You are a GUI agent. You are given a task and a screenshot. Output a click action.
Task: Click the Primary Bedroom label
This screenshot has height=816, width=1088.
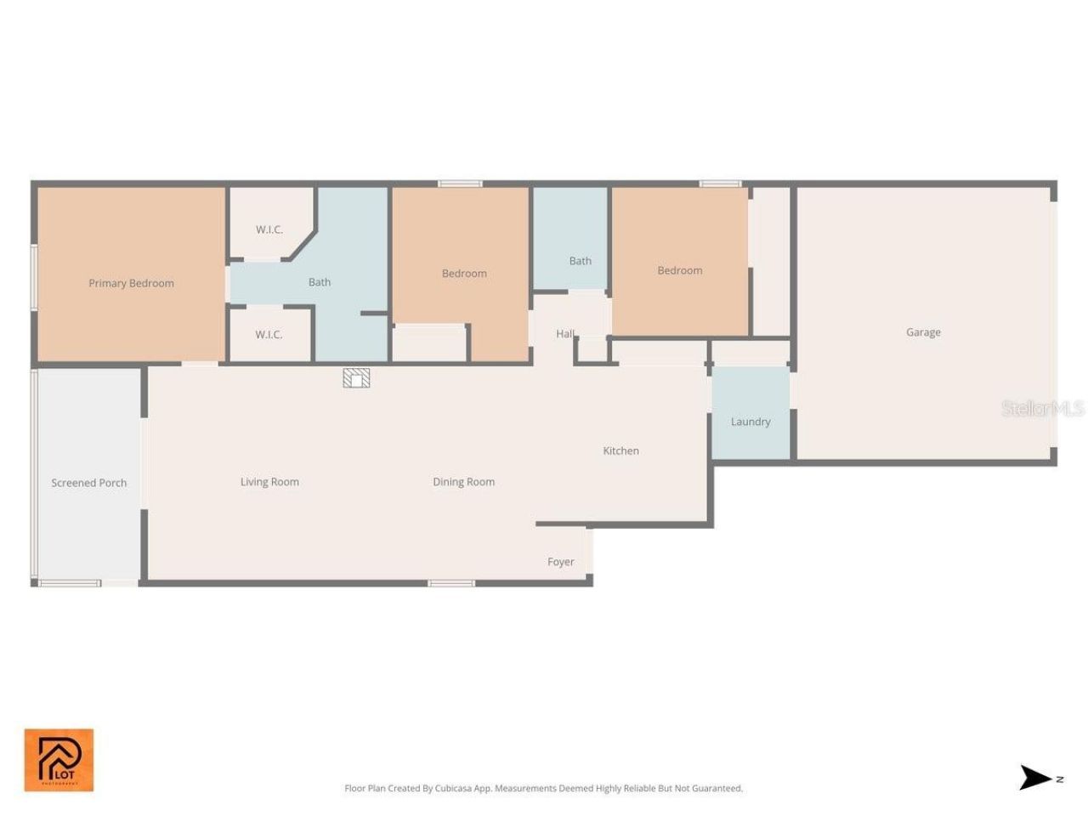pos(131,283)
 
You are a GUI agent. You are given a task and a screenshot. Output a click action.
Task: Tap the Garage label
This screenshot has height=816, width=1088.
pos(923,332)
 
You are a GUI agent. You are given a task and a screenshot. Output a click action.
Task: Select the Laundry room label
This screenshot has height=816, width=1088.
pos(751,422)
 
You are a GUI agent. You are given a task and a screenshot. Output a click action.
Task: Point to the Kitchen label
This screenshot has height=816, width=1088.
pos(620,450)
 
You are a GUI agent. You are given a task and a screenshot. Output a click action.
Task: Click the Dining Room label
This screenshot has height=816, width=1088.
pos(463,482)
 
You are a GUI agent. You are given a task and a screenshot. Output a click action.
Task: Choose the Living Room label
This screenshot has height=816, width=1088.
pos(269,482)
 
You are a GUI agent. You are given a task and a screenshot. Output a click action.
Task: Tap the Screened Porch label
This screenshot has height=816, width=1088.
pos(88,483)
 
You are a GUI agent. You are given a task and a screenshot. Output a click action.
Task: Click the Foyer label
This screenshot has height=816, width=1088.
pos(560,562)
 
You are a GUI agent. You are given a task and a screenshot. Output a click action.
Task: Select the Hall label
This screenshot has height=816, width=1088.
pos(565,334)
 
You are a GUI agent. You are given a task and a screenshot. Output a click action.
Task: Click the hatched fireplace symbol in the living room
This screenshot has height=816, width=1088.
pos(356,377)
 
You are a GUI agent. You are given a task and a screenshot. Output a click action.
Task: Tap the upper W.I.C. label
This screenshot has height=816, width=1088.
pos(269,229)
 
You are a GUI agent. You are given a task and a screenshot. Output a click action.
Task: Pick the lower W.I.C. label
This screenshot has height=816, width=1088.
pos(269,335)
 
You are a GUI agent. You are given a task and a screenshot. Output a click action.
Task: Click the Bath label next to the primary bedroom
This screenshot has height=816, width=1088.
pos(320,282)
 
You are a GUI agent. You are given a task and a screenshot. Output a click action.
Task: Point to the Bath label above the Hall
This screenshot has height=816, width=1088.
pos(580,261)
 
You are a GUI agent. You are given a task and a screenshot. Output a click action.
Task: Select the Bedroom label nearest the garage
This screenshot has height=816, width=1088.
pos(679,270)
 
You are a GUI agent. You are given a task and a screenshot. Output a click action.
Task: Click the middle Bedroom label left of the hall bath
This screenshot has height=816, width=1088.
pos(464,273)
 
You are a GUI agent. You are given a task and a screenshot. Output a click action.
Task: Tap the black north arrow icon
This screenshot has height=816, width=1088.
pos(1035,777)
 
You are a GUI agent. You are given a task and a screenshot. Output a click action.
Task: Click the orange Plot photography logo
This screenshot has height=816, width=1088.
pos(59,760)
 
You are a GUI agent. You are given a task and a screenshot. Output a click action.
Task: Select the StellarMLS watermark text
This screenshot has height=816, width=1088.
pos(1042,409)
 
